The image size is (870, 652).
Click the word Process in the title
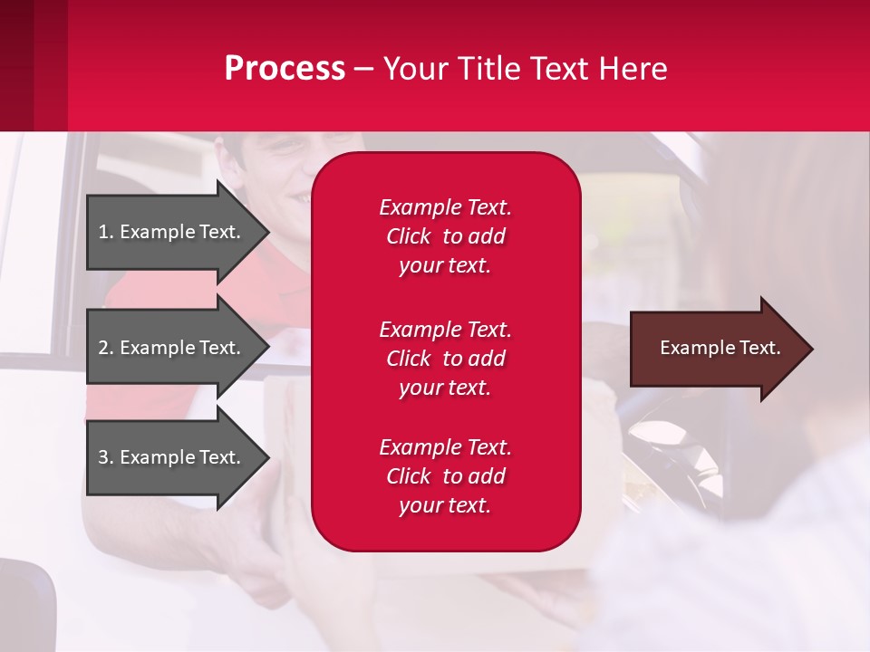click(285, 69)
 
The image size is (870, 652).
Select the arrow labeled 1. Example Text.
click(172, 232)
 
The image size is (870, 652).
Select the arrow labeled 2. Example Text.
click(172, 348)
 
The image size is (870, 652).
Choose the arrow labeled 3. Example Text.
click(172, 457)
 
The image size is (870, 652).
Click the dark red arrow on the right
click(716, 349)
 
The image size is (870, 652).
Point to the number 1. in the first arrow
click(106, 232)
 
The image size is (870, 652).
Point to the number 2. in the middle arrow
click(106, 348)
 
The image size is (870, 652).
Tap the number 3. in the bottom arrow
click(106, 457)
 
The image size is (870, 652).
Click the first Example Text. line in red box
click(445, 207)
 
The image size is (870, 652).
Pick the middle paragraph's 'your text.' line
click(445, 388)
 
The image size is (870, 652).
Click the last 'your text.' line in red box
click(445, 506)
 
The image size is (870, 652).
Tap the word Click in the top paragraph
click(409, 236)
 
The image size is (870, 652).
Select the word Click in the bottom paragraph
click(409, 476)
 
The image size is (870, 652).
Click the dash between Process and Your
click(364, 70)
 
